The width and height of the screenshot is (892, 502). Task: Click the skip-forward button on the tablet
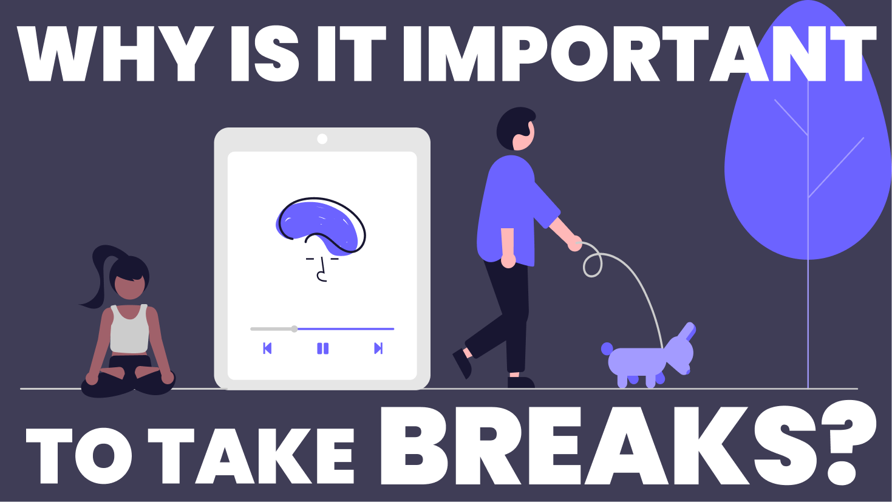[x=378, y=348]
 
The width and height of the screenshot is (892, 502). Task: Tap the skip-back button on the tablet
[x=267, y=348]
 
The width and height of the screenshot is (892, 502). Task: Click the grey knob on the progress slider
[x=294, y=329]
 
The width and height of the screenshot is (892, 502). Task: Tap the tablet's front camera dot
[x=322, y=139]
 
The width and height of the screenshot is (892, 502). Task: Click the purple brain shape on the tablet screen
[x=319, y=225]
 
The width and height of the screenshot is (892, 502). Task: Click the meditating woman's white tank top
[x=129, y=329]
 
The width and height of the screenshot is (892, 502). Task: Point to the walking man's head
[x=516, y=129]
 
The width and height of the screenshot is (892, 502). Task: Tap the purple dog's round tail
[x=607, y=348]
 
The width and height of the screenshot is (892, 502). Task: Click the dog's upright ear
[x=688, y=331]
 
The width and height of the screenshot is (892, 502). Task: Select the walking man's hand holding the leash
[x=574, y=243]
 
